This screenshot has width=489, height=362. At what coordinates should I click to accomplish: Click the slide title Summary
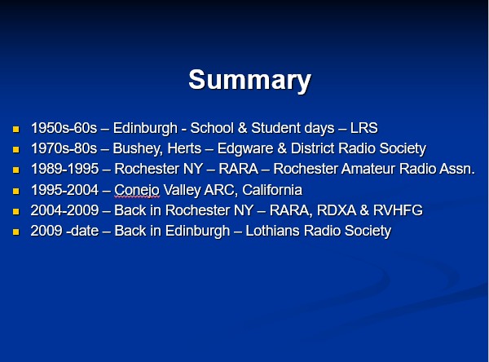(250, 80)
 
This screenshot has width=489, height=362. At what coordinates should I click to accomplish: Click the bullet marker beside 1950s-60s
(16, 129)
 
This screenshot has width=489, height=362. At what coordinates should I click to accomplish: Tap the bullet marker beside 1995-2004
(16, 191)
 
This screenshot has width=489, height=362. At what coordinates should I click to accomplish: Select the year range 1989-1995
(65, 169)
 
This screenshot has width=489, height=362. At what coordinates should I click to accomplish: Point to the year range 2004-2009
(65, 210)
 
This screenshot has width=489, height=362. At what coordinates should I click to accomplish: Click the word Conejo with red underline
(137, 190)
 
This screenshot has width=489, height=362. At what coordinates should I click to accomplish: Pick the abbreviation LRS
(364, 128)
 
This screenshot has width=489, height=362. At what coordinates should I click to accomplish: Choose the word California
(272, 190)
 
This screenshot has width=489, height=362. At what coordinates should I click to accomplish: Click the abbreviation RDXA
(336, 210)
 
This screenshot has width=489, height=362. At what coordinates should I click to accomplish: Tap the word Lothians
(273, 231)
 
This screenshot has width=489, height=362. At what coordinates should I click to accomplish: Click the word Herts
(184, 148)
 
